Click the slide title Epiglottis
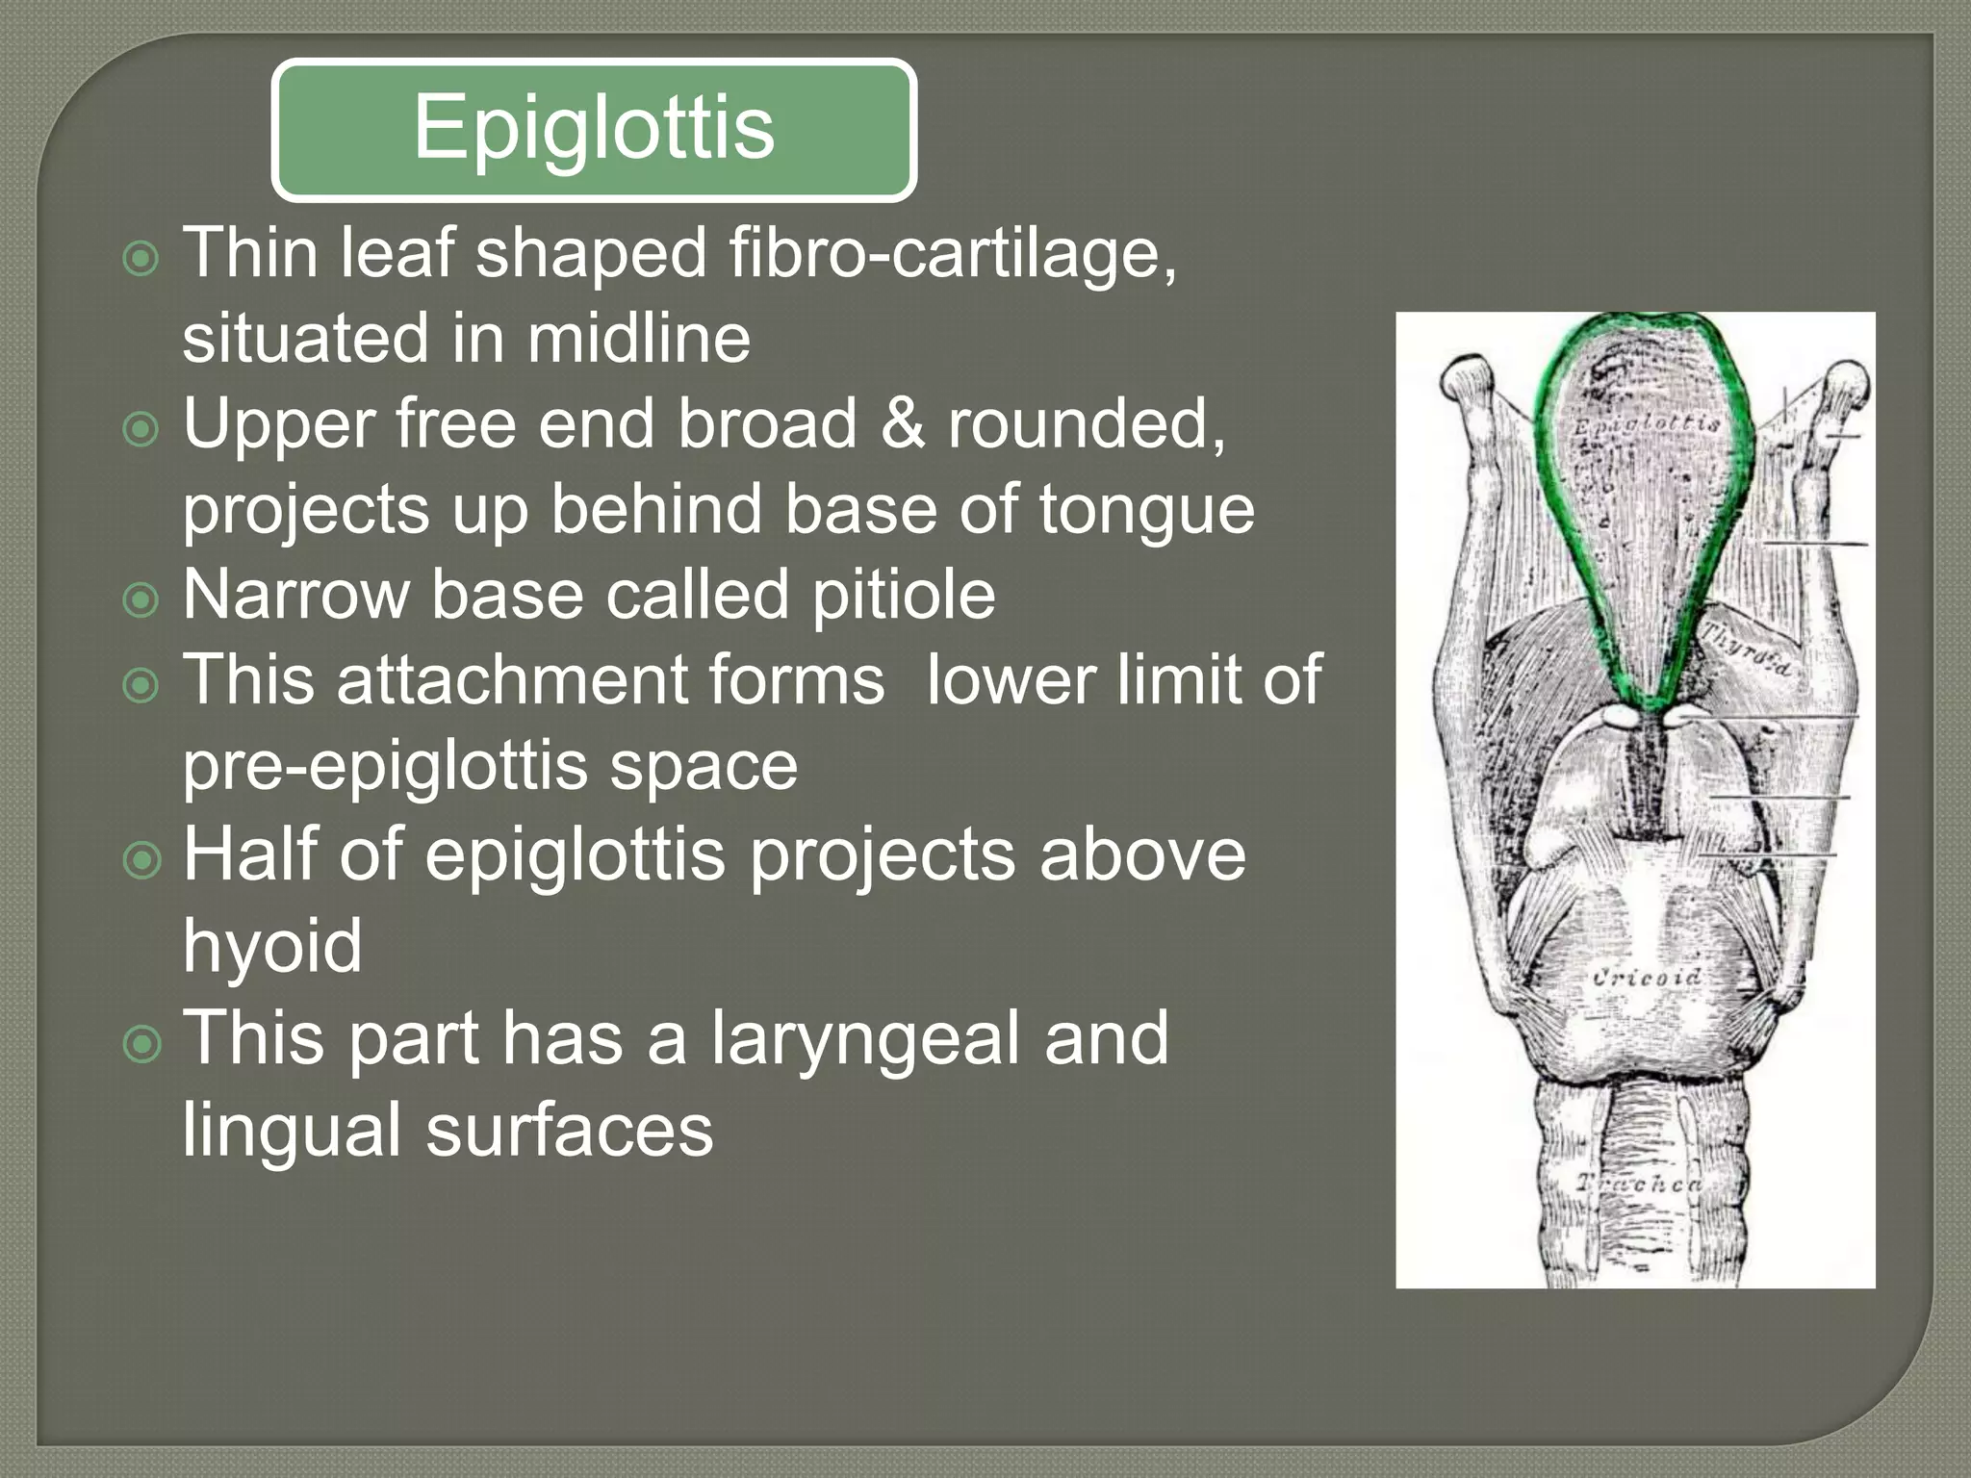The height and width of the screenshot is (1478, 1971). [x=594, y=128]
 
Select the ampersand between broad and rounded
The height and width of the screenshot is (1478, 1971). [x=902, y=423]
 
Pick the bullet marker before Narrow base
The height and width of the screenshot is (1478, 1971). [x=141, y=600]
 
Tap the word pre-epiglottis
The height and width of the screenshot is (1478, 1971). [x=385, y=767]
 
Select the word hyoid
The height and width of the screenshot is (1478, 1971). [x=272, y=945]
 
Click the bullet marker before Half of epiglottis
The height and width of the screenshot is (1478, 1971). [x=141, y=860]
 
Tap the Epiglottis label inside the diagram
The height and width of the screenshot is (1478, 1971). [x=1646, y=423]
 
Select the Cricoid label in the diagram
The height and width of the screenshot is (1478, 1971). [x=1646, y=978]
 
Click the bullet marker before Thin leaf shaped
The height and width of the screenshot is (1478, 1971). [x=141, y=259]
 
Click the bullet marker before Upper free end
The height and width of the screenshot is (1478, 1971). [x=141, y=429]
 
